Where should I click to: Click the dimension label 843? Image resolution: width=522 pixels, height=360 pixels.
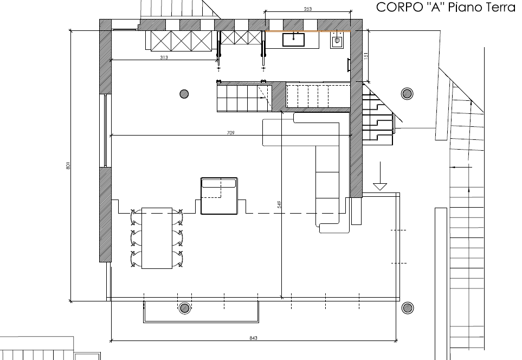[x=253, y=338]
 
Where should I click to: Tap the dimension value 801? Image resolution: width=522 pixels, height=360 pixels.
[x=68, y=165]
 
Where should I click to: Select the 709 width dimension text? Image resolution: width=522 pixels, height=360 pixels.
[x=231, y=133]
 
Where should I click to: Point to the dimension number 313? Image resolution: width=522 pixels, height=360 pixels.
[x=164, y=57]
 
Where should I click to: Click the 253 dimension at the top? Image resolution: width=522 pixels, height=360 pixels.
[x=308, y=9]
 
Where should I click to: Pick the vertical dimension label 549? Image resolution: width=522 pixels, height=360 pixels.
[x=279, y=204]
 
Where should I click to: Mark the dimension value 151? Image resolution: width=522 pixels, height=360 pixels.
[x=365, y=56]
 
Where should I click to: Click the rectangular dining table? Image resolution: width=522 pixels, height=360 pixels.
[x=157, y=238]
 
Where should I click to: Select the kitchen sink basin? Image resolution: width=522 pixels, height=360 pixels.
[x=293, y=40]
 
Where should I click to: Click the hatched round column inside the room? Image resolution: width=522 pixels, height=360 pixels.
[x=184, y=94]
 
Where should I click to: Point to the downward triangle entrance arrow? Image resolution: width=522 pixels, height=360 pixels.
[x=380, y=187]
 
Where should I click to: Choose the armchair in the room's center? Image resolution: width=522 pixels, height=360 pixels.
[x=219, y=196]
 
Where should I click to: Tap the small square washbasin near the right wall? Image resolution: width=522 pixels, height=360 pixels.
[x=337, y=40]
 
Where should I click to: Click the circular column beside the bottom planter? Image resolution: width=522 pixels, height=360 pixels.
[x=185, y=308]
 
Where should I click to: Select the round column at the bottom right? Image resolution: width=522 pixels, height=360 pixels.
[x=408, y=308]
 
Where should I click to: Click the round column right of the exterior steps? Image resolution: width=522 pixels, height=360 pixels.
[x=407, y=94]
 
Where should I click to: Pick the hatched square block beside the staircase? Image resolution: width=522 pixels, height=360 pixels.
[x=279, y=95]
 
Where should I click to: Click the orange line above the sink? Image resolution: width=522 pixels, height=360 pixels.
[x=308, y=31]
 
